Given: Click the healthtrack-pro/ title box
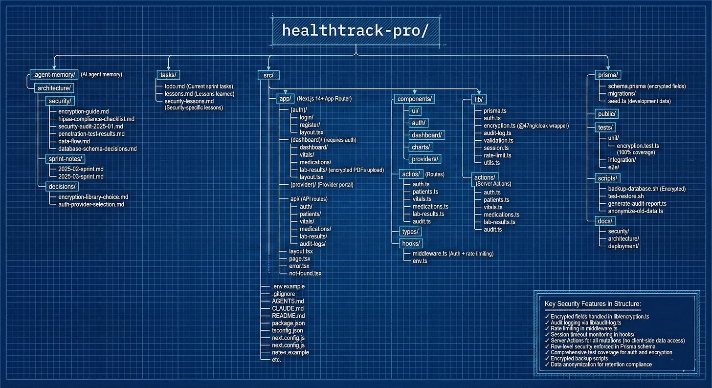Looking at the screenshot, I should (x=356, y=31).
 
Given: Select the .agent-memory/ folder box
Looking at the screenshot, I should (x=53, y=74).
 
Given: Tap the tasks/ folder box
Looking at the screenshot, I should (x=169, y=74).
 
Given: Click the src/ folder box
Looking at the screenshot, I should (x=268, y=75).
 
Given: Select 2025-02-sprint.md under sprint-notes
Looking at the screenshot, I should (x=77, y=169).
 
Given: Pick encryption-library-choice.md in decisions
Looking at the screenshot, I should (x=90, y=197).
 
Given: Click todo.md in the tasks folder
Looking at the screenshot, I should (x=173, y=86).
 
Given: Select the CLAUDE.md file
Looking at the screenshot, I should (x=288, y=308).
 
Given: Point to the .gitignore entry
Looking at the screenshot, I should (x=284, y=294).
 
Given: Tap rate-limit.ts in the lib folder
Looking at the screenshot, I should (x=497, y=155).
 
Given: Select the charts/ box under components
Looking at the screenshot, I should (x=421, y=146).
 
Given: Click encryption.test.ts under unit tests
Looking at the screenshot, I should (x=638, y=146).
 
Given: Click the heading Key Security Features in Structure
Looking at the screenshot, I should (x=593, y=304).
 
